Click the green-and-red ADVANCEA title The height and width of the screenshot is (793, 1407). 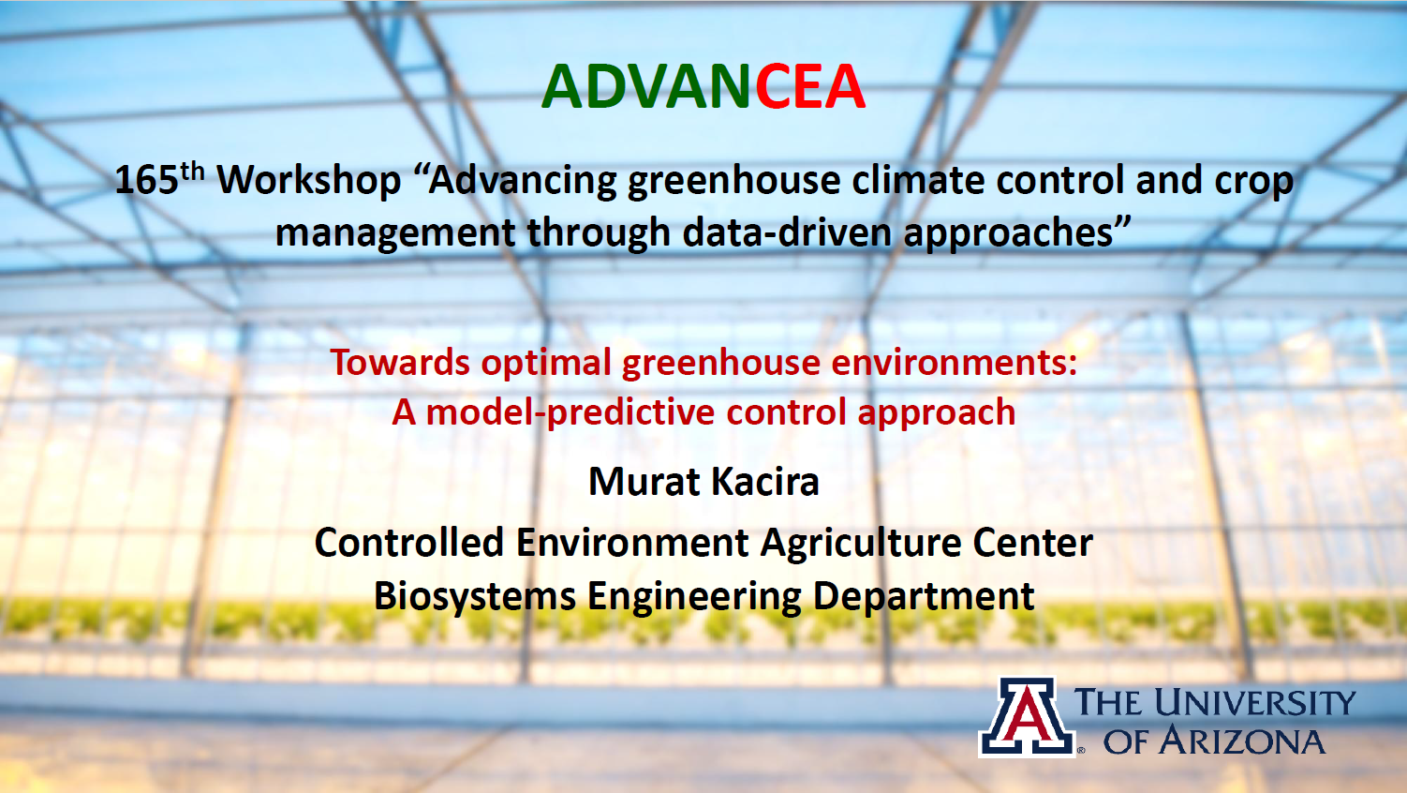(x=703, y=86)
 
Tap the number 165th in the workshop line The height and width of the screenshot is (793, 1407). (x=158, y=179)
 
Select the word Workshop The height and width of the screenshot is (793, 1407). (x=309, y=180)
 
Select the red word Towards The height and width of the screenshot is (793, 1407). (x=400, y=363)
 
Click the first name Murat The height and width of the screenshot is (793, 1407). (x=643, y=482)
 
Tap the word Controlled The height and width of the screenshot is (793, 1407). (x=408, y=543)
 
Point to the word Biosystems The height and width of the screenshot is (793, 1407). (x=474, y=596)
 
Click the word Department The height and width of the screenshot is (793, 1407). (x=924, y=597)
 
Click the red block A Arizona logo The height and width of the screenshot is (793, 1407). (x=1027, y=718)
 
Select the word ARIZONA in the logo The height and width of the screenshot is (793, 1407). (x=1242, y=741)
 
